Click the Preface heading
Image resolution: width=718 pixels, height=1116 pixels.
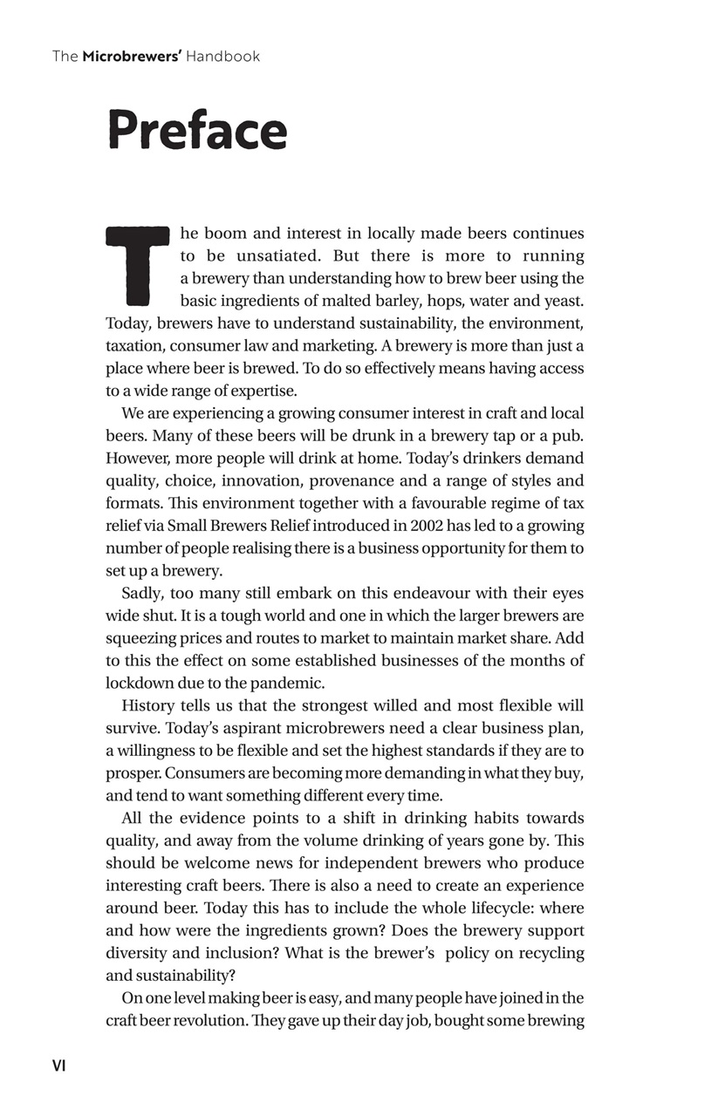pos(196,131)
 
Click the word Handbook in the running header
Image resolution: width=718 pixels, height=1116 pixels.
pos(222,57)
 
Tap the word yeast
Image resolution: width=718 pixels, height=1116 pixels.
pos(564,302)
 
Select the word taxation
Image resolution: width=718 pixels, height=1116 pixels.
pos(135,346)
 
